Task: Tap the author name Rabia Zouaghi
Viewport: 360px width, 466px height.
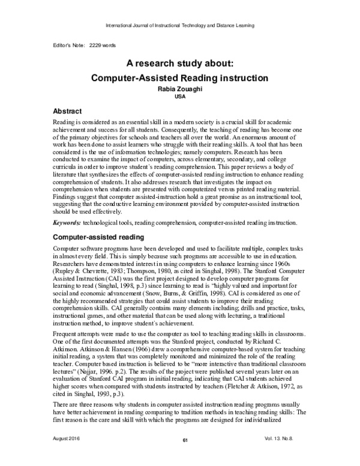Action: [x=179, y=89]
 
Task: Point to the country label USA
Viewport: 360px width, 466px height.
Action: [x=179, y=96]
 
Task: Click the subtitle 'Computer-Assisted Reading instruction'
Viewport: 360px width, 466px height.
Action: [x=179, y=77]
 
